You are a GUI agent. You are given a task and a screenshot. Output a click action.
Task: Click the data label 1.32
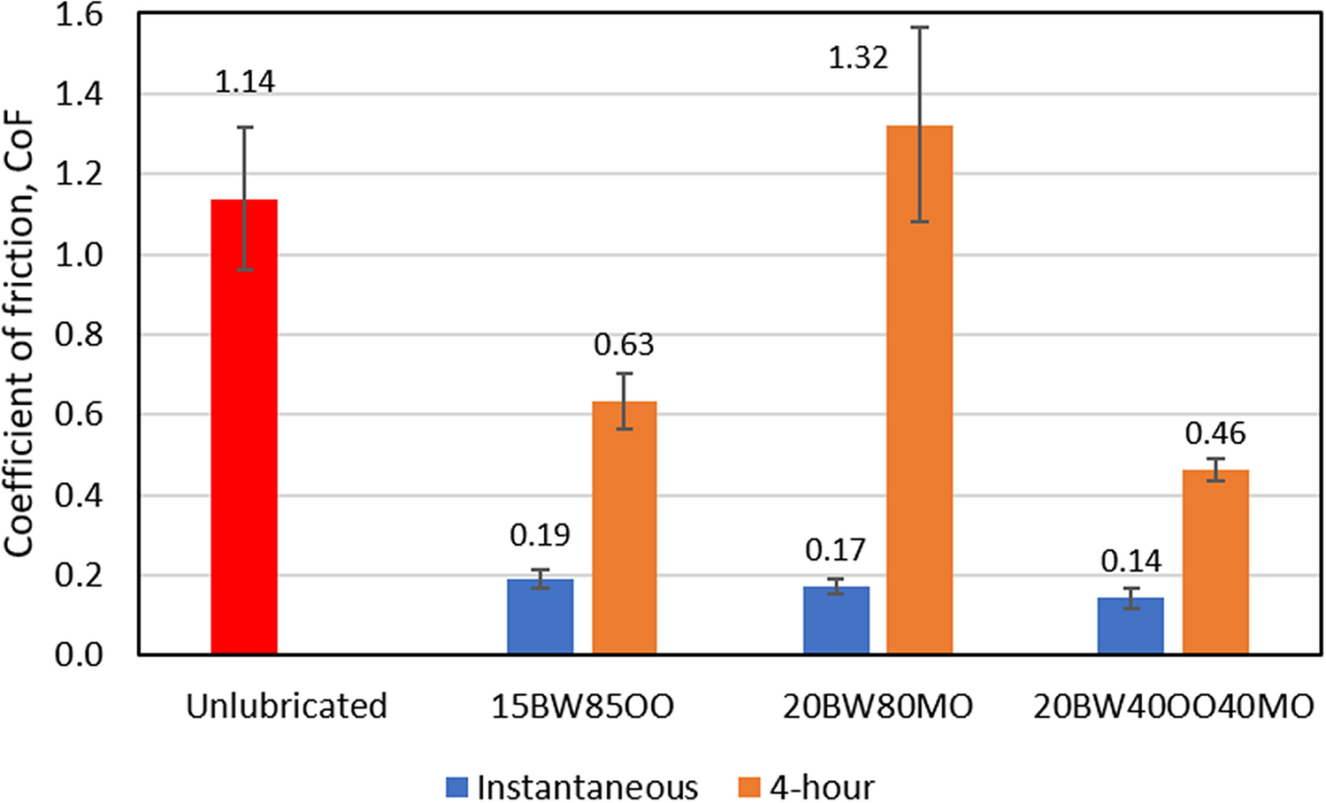click(857, 58)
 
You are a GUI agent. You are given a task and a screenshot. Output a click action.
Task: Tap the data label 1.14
click(245, 82)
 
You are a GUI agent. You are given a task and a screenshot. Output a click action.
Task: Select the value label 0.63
click(624, 345)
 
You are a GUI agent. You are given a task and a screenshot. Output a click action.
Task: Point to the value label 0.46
click(1215, 434)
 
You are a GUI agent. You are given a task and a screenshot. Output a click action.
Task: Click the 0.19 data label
click(540, 535)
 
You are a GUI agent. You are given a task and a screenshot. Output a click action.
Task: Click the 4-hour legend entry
click(806, 786)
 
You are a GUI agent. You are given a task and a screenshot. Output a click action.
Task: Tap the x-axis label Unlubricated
click(287, 706)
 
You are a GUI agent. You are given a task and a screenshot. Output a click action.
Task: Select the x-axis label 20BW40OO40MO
click(1173, 706)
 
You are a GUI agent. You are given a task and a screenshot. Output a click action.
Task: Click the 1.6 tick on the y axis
click(79, 15)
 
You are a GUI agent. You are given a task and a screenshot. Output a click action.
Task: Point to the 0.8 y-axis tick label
click(79, 335)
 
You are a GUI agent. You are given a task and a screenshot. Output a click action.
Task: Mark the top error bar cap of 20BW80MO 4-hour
click(920, 27)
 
